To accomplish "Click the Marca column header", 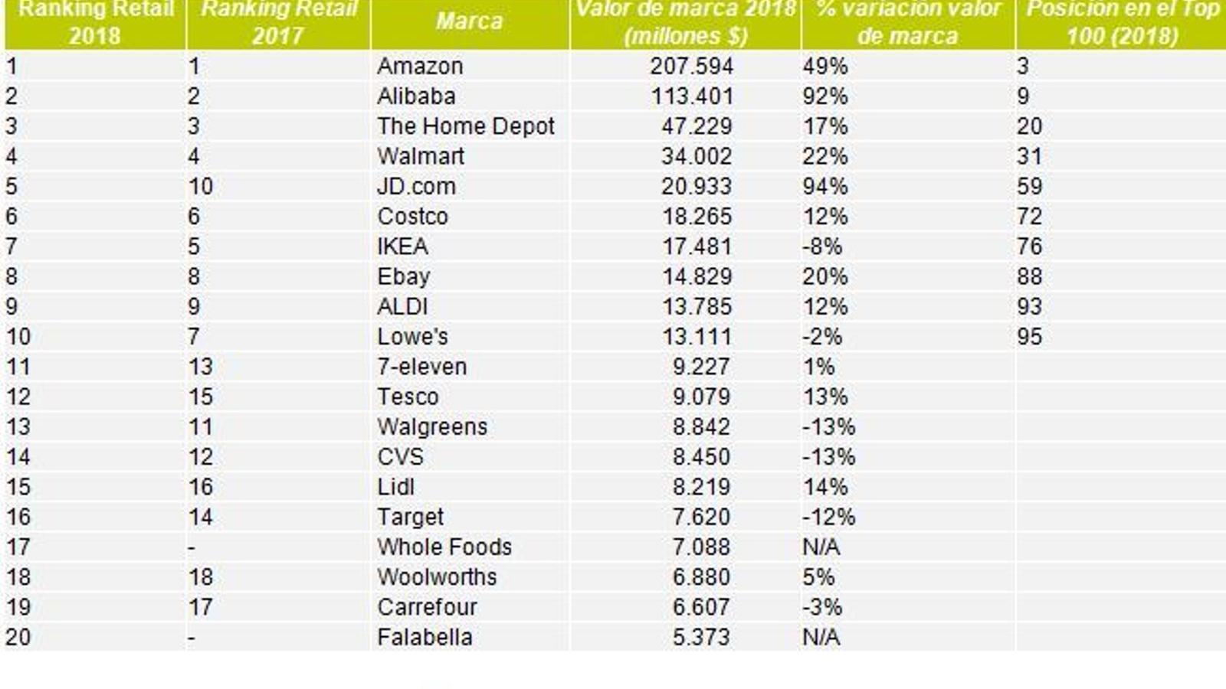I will click(469, 21).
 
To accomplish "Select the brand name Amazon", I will click(420, 67).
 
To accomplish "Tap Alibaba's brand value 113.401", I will click(692, 96).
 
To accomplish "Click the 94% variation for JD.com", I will click(824, 187).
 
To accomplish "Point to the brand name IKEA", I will click(402, 247).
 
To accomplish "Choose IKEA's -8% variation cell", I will click(822, 247).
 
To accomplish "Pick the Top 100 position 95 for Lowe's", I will click(1029, 337).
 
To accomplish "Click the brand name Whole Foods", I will click(444, 547).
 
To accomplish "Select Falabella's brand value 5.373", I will click(700, 637).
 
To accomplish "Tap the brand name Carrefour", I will click(427, 607).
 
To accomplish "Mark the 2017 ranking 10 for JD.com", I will click(201, 187).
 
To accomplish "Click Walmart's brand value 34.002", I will click(697, 157).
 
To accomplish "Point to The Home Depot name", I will click(465, 126).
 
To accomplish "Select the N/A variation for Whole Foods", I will click(821, 547).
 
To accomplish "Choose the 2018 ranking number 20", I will click(18, 637).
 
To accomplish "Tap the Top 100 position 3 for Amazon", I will click(1022, 67).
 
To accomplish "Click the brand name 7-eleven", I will click(421, 367).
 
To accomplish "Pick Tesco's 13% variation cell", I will click(824, 397).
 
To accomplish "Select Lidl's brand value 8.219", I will click(700, 487).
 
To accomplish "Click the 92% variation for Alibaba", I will click(824, 96).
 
